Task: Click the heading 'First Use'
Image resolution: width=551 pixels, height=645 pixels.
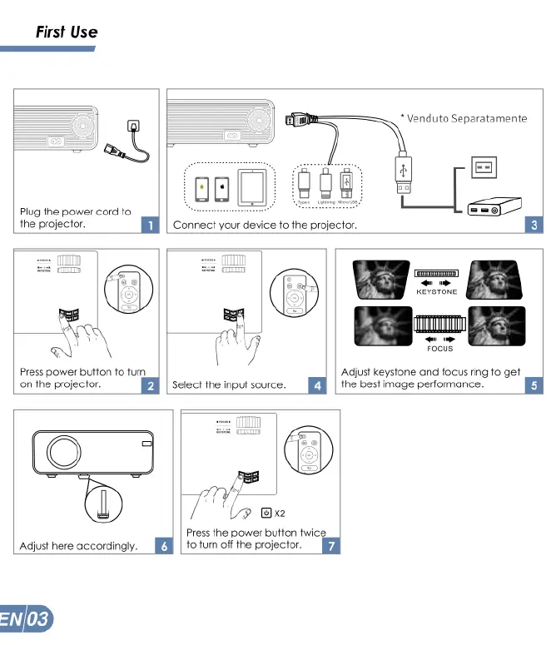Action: [x=67, y=32]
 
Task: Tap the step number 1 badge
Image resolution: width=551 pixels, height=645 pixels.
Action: [x=151, y=225]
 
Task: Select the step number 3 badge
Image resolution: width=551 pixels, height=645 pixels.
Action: [x=534, y=225]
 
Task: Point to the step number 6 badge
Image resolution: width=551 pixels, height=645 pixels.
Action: [x=165, y=546]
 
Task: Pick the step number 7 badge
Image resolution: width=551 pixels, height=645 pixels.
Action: [x=332, y=546]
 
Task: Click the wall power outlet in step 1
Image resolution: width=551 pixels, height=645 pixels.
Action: [x=132, y=126]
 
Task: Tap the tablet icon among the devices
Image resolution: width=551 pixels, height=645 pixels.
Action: [x=251, y=188]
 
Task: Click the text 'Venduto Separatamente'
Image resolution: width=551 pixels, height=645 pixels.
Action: [x=466, y=118]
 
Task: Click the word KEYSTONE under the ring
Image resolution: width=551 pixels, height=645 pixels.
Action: [x=436, y=292]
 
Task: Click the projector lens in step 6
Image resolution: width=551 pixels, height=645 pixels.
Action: [x=63, y=451]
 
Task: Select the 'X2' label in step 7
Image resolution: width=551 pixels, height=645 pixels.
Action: [x=280, y=514]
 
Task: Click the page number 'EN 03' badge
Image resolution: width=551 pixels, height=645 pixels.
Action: [x=27, y=620]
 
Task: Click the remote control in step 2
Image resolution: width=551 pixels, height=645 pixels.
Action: [x=128, y=296]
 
